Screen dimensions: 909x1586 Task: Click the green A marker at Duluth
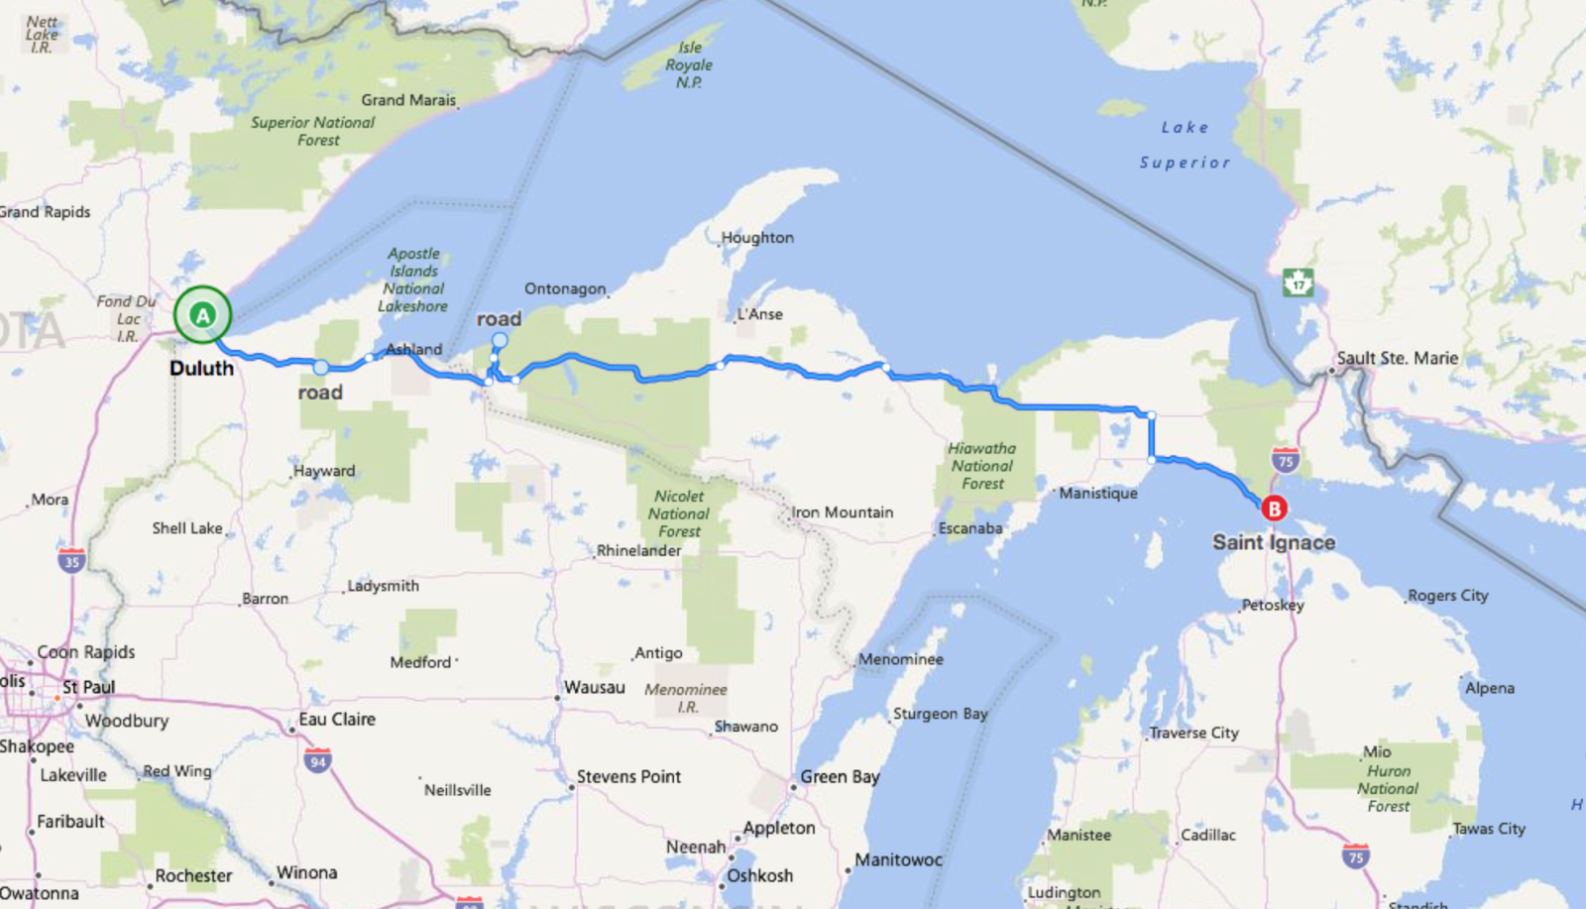click(202, 315)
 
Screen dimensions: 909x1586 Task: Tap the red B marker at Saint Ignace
click(1274, 509)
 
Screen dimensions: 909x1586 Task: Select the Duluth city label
click(201, 368)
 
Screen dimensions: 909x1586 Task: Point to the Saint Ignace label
click(1274, 542)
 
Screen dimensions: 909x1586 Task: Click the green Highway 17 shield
click(1298, 283)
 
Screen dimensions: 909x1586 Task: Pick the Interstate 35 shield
click(71, 560)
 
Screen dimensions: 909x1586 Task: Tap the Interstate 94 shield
click(317, 761)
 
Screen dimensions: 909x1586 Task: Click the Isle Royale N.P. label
click(689, 65)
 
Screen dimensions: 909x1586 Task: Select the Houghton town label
click(757, 238)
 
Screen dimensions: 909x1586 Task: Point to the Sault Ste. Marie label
click(1397, 358)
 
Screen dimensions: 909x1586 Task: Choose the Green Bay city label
click(840, 777)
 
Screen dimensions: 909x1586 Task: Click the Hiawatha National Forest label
click(982, 466)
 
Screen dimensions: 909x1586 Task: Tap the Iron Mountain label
click(843, 512)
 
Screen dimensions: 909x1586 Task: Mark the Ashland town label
click(414, 349)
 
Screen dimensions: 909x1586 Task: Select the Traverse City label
click(1193, 733)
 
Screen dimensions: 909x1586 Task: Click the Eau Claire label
click(337, 720)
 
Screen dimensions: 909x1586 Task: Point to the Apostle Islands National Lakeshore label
click(413, 281)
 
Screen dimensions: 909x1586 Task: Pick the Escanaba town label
click(970, 528)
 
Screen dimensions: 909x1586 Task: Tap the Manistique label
click(1098, 493)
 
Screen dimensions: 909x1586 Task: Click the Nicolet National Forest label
click(679, 513)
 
